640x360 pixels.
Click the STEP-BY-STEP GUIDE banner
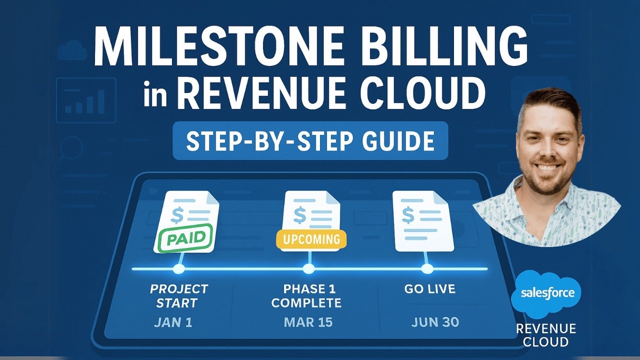(310, 140)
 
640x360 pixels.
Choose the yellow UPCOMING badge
(311, 239)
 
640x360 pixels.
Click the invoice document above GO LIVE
(423, 220)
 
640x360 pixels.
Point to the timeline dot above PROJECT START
(178, 269)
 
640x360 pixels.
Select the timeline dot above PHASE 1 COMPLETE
(309, 269)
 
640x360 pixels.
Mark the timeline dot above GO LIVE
(427, 269)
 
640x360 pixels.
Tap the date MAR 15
(308, 322)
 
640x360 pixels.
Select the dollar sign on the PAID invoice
(176, 215)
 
